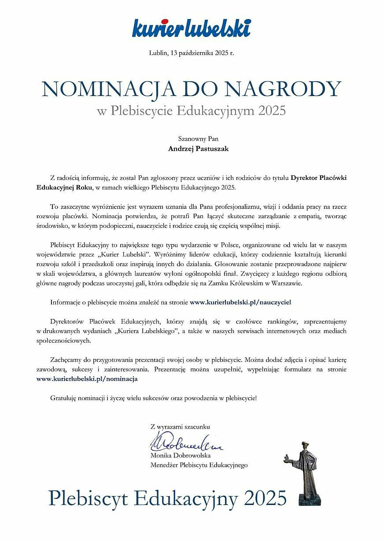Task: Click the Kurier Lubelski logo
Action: coord(191,27)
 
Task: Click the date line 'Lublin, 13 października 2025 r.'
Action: coord(191,53)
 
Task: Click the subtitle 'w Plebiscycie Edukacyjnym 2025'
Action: coord(191,110)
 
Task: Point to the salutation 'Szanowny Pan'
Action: coord(191,138)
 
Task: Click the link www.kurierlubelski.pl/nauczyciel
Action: coord(240,302)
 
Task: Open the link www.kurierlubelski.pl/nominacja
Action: coord(87,378)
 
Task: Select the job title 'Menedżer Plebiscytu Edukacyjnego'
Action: coord(199,465)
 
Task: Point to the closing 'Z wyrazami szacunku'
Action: coord(180,427)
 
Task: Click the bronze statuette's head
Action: coord(305,446)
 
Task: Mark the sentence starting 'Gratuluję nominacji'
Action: coord(153,397)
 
